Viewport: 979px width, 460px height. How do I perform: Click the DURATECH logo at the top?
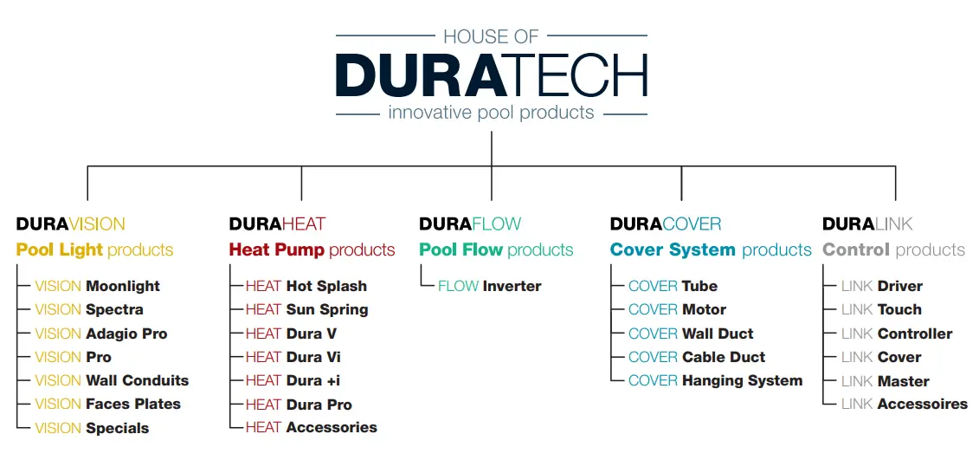pos(491,75)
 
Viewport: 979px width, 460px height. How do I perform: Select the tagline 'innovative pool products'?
pos(491,113)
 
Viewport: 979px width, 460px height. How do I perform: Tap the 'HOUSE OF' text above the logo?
pos(491,36)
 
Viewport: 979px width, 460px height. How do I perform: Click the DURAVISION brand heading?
pos(70,224)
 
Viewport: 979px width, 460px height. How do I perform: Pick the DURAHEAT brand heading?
pos(277,224)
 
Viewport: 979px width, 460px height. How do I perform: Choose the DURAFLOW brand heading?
pos(470,224)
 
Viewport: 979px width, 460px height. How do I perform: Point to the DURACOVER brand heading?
pos(665,224)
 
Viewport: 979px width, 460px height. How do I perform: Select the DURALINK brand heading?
pos(867,224)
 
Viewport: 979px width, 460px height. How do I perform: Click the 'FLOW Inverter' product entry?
pos(489,286)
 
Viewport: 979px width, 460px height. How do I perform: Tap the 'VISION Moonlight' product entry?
pos(97,286)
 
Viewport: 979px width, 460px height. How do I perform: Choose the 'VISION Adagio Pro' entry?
pos(100,334)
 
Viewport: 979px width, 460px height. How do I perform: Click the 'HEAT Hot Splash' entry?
pos(306,286)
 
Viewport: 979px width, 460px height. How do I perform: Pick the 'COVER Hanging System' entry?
pos(715,380)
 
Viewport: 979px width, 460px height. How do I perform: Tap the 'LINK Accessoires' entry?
pos(904,404)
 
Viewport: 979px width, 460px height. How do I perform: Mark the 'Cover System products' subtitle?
pos(710,249)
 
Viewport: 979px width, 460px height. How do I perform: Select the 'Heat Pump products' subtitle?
pos(312,249)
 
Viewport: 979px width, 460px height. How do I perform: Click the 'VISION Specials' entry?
pos(92,428)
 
